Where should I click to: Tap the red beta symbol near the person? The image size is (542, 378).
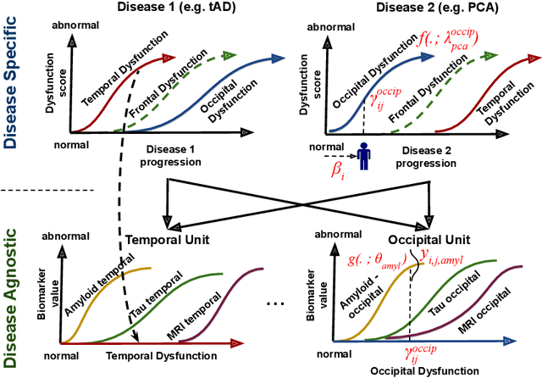[337, 170]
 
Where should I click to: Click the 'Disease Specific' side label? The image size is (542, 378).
[11, 77]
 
